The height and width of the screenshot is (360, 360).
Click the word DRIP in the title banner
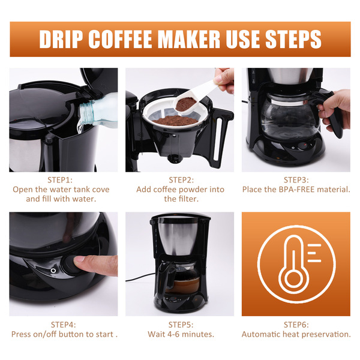pos(61,39)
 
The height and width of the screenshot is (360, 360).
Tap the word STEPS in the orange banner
pos(293,39)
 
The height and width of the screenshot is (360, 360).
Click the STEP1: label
pos(60,180)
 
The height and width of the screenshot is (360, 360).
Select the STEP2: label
pos(181,180)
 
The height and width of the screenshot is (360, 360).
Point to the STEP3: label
pos(296,180)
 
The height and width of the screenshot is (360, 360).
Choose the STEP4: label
pos(64,325)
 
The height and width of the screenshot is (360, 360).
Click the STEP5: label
pos(181,325)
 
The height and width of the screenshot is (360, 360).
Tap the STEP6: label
pos(296,325)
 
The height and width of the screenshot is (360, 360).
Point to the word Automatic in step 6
pos(261,334)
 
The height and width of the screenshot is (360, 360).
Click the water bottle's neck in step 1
pos(87,113)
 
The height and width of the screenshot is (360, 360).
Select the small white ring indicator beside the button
pos(53,271)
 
